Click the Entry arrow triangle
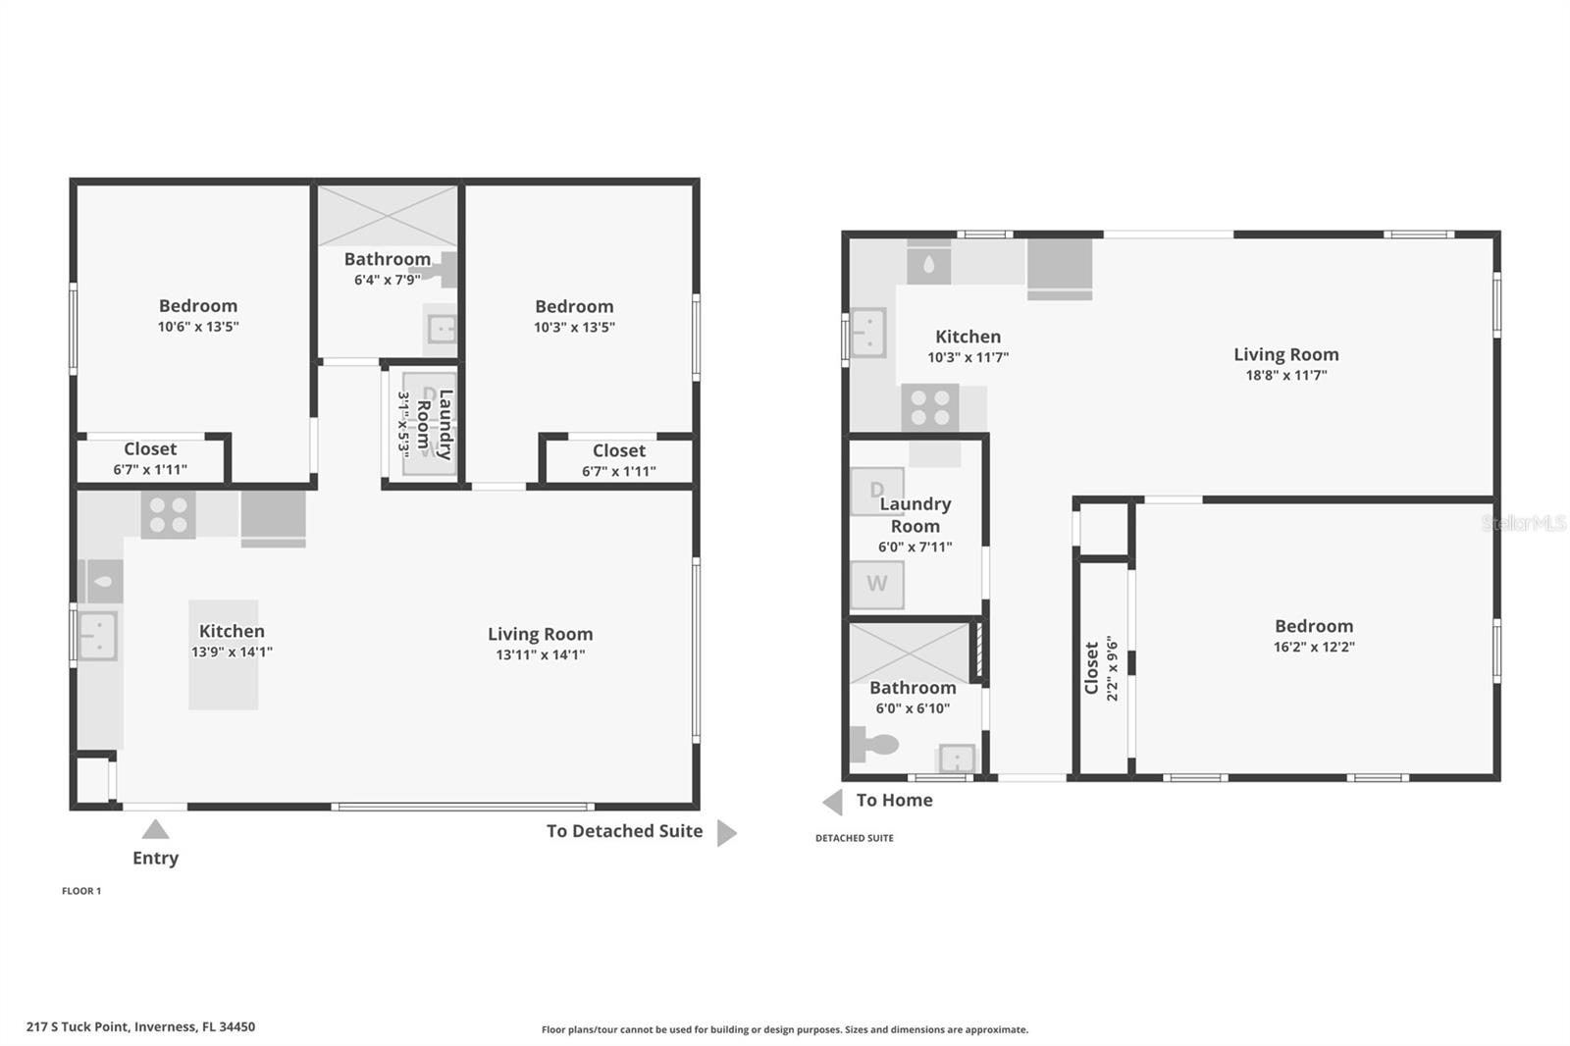click(155, 831)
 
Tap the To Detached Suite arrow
click(725, 833)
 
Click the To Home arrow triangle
click(833, 802)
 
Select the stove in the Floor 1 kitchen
click(168, 515)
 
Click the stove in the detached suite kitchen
click(929, 407)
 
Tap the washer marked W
click(876, 584)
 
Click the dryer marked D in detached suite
click(875, 491)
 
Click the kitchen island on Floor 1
click(224, 654)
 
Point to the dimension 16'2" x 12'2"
click(1314, 647)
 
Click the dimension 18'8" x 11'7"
click(1285, 375)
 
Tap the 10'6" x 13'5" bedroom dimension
click(198, 327)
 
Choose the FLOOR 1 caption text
click(81, 891)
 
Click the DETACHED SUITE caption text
click(854, 838)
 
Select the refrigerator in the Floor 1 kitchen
click(273, 517)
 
